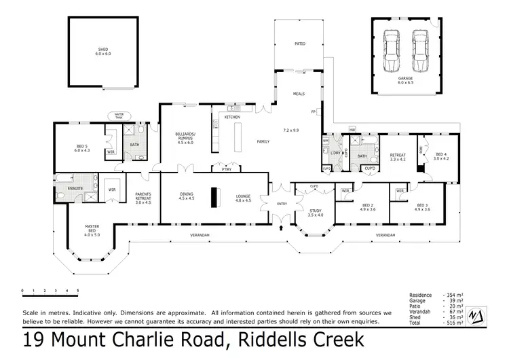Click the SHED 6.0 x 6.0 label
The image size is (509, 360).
(104, 51)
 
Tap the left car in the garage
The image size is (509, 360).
(391, 51)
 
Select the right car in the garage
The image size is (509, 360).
(420, 51)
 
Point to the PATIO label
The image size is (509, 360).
(299, 43)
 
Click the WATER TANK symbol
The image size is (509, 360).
(122, 116)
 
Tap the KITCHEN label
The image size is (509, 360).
(232, 118)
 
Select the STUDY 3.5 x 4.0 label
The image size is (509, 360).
(316, 213)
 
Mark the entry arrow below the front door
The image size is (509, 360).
(280, 229)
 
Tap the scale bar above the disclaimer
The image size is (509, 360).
(50, 291)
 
